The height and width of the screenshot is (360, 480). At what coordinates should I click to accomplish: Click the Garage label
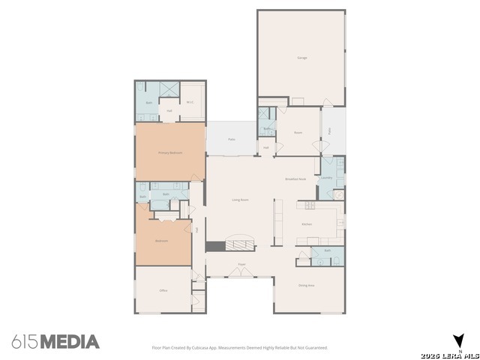[302, 58]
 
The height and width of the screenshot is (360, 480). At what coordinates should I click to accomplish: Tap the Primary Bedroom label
[170, 152]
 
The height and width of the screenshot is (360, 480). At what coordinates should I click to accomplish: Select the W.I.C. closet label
[190, 103]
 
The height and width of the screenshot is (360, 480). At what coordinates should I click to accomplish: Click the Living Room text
[240, 199]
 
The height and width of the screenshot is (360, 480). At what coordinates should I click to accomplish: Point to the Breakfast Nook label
[295, 178]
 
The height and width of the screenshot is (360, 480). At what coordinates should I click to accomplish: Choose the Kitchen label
[307, 224]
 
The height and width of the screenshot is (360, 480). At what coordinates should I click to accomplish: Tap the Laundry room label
[327, 178]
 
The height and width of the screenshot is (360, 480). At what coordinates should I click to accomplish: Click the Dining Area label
[307, 284]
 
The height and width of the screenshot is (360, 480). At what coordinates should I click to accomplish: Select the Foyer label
[242, 265]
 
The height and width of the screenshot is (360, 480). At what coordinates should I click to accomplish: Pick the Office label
[163, 290]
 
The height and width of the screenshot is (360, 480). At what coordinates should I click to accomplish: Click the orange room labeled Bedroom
[161, 241]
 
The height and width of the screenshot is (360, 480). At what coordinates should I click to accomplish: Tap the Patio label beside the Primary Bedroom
[232, 139]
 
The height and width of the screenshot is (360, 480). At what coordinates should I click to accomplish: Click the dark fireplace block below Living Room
[215, 246]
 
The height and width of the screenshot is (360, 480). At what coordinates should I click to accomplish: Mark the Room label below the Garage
[298, 133]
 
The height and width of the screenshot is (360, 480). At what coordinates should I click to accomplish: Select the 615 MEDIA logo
[55, 342]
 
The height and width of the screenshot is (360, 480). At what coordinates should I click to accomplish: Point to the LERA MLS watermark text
[450, 354]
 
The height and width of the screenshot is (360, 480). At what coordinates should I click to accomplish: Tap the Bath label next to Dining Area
[327, 250]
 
